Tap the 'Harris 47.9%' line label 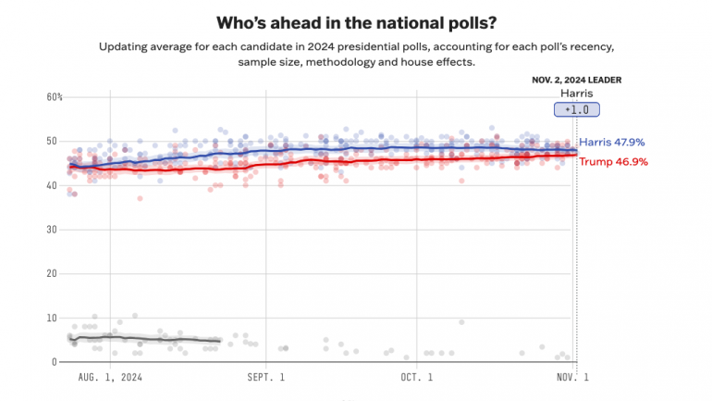tap(612, 143)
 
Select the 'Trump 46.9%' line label tap(613, 161)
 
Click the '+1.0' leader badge tap(577, 110)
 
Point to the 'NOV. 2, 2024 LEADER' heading tap(576, 80)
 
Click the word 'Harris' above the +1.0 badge tap(577, 94)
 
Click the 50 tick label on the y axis tap(53, 141)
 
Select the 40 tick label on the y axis tap(53, 185)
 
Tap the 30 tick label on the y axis tap(53, 230)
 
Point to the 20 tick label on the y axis tap(53, 274)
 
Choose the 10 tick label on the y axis tap(53, 318)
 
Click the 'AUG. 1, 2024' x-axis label tap(111, 378)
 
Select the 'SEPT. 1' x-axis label tap(266, 378)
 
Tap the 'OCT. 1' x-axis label tap(416, 378)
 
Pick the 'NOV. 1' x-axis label tap(572, 378)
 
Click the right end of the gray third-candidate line tap(220, 341)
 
